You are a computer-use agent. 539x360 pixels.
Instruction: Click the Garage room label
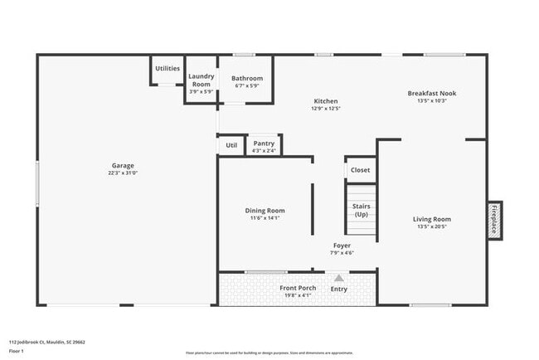[x=123, y=165]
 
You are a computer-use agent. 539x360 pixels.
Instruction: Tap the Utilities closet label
[x=168, y=69]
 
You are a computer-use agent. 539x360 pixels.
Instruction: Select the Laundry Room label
[x=202, y=80]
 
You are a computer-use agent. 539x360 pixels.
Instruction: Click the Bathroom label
[x=247, y=79]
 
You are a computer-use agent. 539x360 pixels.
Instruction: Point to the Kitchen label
[x=326, y=100]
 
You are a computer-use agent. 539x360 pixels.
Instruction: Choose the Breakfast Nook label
[x=431, y=94]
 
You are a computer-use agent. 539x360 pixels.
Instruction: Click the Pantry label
[x=264, y=144]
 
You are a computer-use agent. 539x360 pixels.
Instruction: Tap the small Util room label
[x=231, y=146]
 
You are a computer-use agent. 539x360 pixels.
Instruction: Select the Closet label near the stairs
[x=361, y=170]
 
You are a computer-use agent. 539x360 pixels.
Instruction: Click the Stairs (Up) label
[x=361, y=210]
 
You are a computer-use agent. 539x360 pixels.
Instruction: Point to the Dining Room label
[x=265, y=211]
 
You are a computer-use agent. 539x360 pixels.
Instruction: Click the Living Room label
[x=431, y=219]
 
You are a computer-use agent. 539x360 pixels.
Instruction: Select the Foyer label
[x=342, y=246]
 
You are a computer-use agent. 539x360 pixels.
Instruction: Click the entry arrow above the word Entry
[x=338, y=279]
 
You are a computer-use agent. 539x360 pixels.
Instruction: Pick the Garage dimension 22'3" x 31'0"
[x=123, y=173]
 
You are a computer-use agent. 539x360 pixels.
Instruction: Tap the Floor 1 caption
[x=17, y=352]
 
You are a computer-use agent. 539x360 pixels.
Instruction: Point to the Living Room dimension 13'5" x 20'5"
[x=431, y=227]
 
